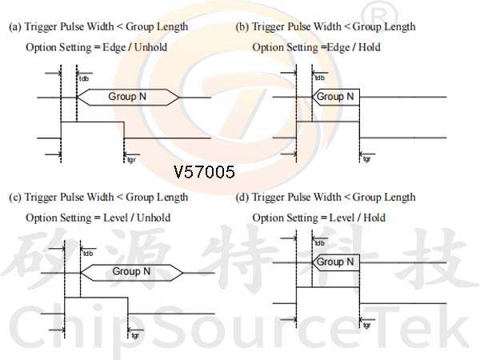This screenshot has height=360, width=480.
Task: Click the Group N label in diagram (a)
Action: click(127, 97)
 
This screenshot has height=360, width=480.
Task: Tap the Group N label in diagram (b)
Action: click(335, 97)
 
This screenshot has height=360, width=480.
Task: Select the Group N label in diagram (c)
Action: click(131, 271)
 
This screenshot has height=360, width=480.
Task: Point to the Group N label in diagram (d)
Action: click(335, 262)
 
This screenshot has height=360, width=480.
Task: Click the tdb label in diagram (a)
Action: click(83, 78)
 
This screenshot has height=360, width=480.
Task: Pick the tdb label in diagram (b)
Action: click(319, 78)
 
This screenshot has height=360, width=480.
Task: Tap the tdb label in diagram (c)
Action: click(87, 254)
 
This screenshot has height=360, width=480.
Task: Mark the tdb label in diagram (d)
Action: click(319, 243)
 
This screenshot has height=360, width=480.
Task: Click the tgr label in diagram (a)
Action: click(131, 160)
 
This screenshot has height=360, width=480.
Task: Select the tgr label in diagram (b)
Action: click(366, 159)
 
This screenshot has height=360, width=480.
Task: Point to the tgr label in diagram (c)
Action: click(135, 335)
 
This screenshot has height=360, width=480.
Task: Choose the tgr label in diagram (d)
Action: click(366, 326)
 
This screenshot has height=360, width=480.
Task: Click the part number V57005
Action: click(204, 172)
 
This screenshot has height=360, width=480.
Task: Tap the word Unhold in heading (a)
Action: click(150, 47)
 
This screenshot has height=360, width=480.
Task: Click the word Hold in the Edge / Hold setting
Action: click(370, 47)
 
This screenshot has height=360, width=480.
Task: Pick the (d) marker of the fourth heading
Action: click(242, 198)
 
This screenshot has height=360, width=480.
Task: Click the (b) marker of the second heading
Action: click(242, 27)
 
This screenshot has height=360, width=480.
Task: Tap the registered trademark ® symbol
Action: click(379, 15)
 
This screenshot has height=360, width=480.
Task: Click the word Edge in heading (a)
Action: click(114, 48)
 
